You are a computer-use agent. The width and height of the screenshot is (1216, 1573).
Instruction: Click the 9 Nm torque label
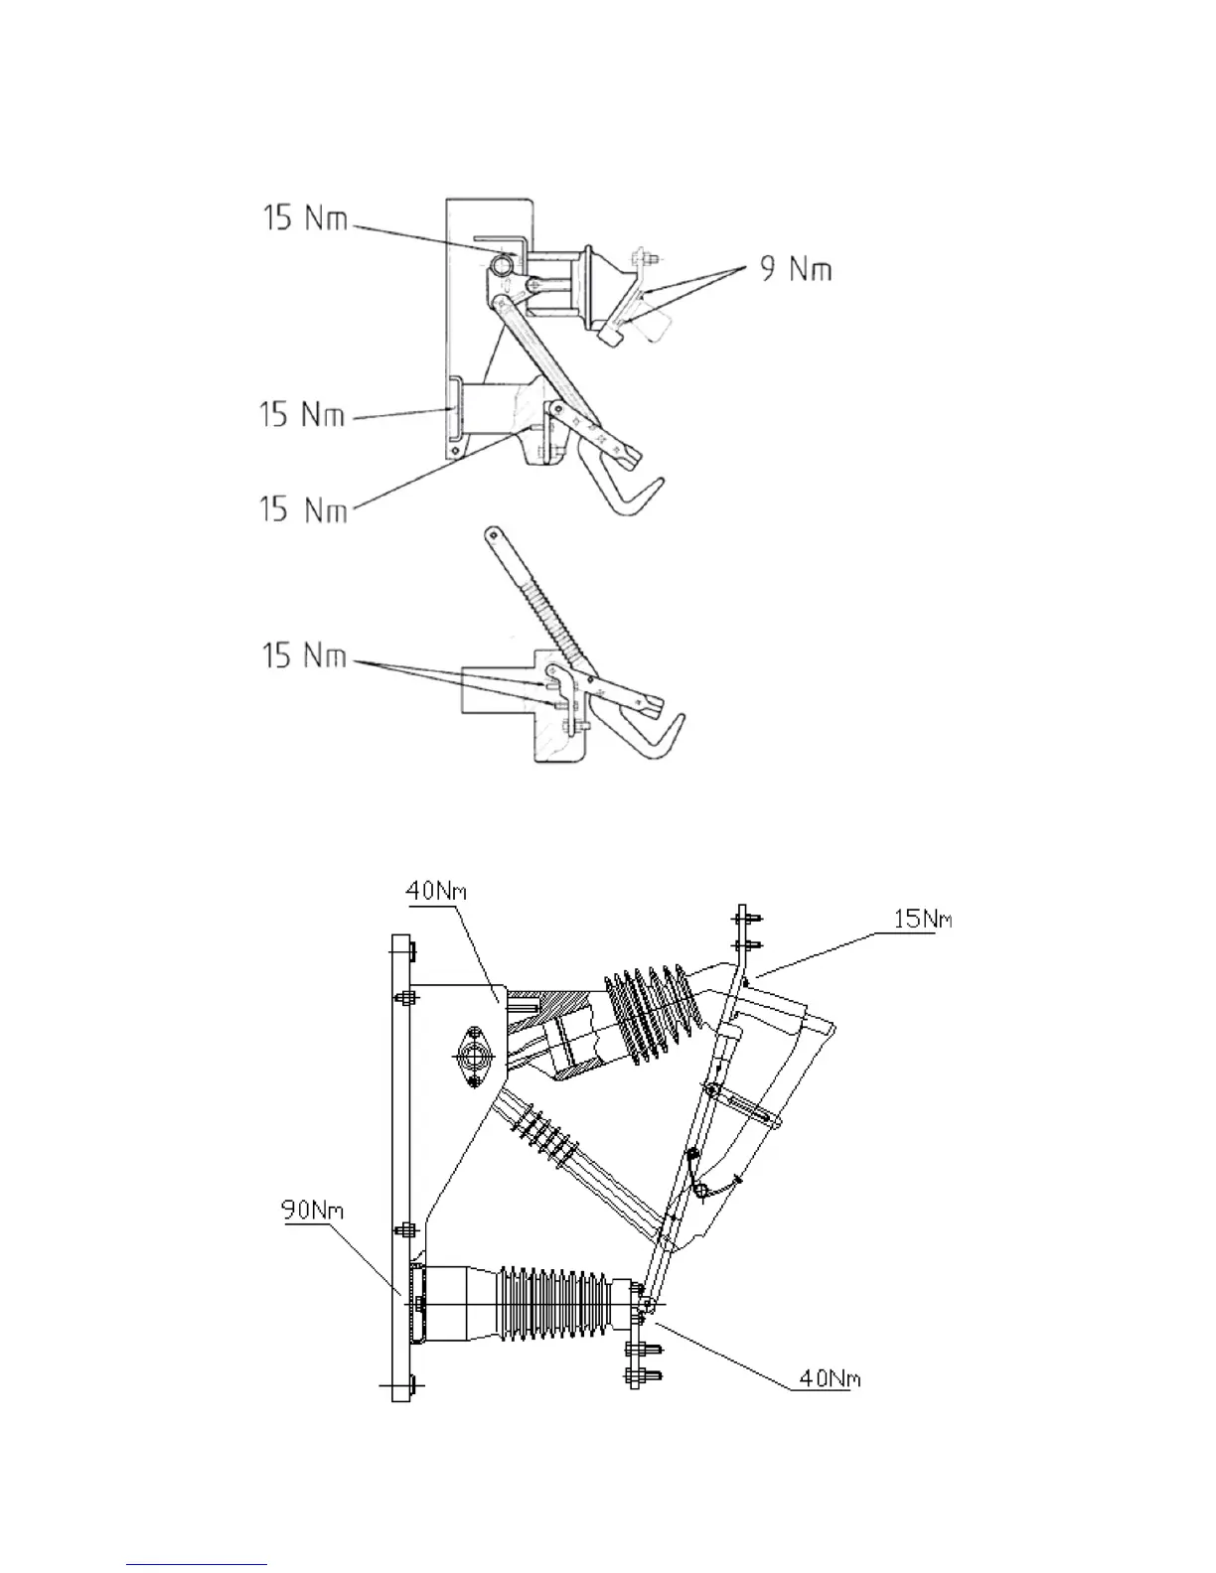795,269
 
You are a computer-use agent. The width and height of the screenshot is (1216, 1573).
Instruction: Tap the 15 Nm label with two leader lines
304,656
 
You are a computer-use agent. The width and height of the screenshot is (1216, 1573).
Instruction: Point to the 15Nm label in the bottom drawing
922,920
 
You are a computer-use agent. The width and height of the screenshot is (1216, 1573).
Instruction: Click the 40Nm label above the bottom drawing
435,891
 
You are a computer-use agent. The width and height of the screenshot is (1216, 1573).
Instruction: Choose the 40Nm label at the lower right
830,1378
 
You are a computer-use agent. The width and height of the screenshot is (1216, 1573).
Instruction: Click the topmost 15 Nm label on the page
305,217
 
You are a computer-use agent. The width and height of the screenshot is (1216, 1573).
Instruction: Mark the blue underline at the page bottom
197,1564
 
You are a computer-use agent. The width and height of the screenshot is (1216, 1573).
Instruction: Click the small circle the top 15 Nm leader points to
503,264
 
